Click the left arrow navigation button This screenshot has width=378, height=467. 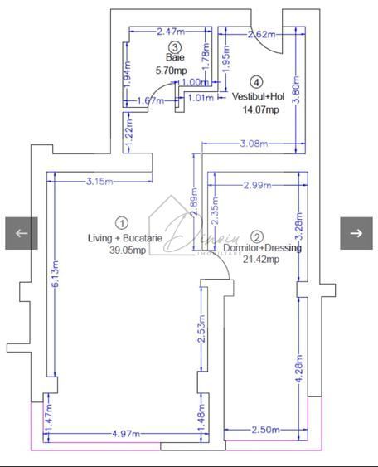click(22, 233)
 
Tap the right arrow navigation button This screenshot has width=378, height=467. click(356, 233)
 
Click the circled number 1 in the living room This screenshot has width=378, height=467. click(122, 222)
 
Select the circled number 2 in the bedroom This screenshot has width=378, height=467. click(257, 236)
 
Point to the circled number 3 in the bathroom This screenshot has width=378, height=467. click(174, 48)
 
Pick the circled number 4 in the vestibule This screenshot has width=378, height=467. click(257, 82)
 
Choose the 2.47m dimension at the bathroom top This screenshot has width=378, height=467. click(171, 32)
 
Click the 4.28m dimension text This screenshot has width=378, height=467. click(299, 368)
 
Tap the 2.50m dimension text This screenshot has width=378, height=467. click(264, 430)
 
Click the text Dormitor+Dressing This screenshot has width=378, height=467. click(263, 247)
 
